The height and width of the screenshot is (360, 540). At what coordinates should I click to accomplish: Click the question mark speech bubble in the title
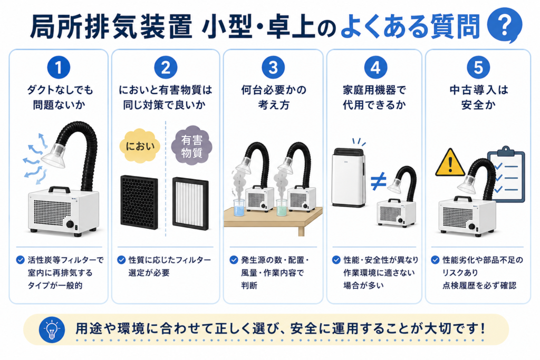(505, 25)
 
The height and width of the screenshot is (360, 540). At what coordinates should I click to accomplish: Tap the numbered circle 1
(59, 67)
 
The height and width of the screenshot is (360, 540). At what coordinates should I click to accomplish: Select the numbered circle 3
(273, 67)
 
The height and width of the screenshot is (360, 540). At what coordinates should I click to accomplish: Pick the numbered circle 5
(478, 67)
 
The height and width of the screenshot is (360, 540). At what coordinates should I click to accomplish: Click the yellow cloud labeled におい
(140, 146)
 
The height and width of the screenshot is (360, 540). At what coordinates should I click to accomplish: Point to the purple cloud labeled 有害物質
(192, 145)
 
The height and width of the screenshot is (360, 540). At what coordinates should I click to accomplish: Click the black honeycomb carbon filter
(139, 202)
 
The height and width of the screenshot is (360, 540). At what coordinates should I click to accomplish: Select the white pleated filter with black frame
(190, 203)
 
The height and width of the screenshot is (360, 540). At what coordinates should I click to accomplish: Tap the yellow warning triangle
(450, 163)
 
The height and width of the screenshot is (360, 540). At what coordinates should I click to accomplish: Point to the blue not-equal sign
(378, 181)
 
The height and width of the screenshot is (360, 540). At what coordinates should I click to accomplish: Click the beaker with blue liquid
(239, 208)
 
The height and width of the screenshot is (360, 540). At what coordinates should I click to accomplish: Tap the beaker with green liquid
(282, 208)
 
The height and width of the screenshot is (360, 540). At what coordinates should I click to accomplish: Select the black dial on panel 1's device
(70, 225)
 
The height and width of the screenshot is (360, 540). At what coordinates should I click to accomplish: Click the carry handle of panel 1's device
(59, 190)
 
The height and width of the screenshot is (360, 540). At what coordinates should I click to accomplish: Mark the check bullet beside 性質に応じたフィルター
(121, 260)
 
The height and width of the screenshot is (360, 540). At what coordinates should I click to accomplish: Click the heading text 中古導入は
(479, 90)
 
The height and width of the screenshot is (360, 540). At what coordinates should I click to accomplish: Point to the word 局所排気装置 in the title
(111, 26)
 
